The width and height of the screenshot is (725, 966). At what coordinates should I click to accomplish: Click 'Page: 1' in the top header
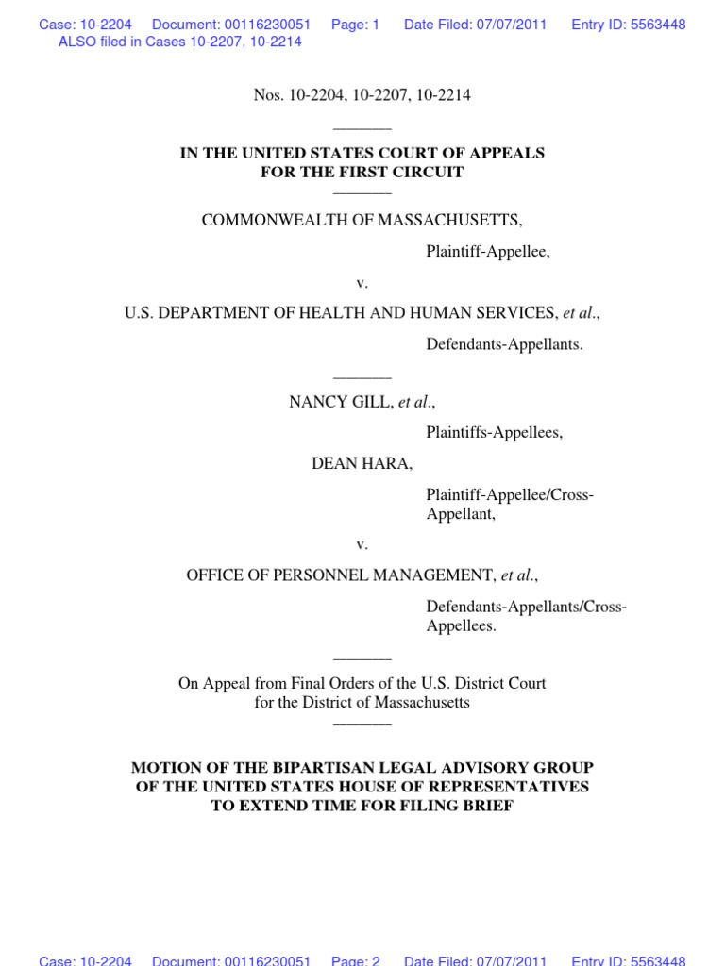355,25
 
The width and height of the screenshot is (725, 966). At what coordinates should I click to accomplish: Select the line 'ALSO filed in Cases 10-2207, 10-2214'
179,42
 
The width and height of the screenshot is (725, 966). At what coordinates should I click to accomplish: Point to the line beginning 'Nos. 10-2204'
362,95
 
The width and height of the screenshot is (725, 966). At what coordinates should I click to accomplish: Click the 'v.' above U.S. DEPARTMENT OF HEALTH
362,283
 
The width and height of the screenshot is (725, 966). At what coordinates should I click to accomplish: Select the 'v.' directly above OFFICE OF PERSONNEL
362,544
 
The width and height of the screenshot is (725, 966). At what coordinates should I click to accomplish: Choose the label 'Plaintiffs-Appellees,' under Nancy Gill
494,433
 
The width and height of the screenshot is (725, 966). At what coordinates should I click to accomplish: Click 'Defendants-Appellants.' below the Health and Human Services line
504,344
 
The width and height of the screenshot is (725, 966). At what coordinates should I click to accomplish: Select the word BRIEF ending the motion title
488,807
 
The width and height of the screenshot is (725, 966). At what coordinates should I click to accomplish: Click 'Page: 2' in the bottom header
355,960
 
